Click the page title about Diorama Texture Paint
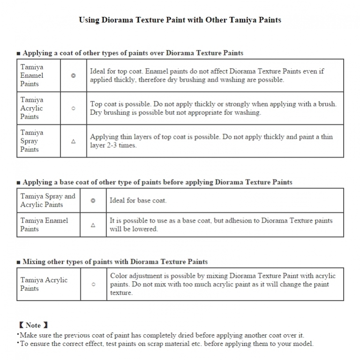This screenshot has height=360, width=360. [180, 20]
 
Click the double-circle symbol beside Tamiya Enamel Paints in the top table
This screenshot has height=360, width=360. [73, 75]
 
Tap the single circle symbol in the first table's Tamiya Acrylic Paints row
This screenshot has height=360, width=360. [73, 108]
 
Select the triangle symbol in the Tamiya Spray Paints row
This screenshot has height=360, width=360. [73, 141]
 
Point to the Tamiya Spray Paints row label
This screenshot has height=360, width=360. [32, 141]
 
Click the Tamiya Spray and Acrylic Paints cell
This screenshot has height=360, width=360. [47, 200]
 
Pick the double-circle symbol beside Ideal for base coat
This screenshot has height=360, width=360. [93, 200]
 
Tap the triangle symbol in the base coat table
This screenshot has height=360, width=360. [93, 225]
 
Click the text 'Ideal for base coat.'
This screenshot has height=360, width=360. [138, 200]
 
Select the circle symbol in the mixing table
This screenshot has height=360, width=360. [93, 284]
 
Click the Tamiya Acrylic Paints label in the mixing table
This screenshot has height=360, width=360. [44, 284]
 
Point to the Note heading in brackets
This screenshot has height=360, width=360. [33, 325]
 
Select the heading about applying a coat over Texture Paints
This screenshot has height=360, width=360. [133, 53]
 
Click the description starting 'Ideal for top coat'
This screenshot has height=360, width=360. [207, 75]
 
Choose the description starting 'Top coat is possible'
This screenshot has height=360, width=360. [213, 108]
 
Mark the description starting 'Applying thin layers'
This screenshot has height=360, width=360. [211, 141]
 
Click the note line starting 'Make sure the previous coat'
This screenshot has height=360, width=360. [162, 335]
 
